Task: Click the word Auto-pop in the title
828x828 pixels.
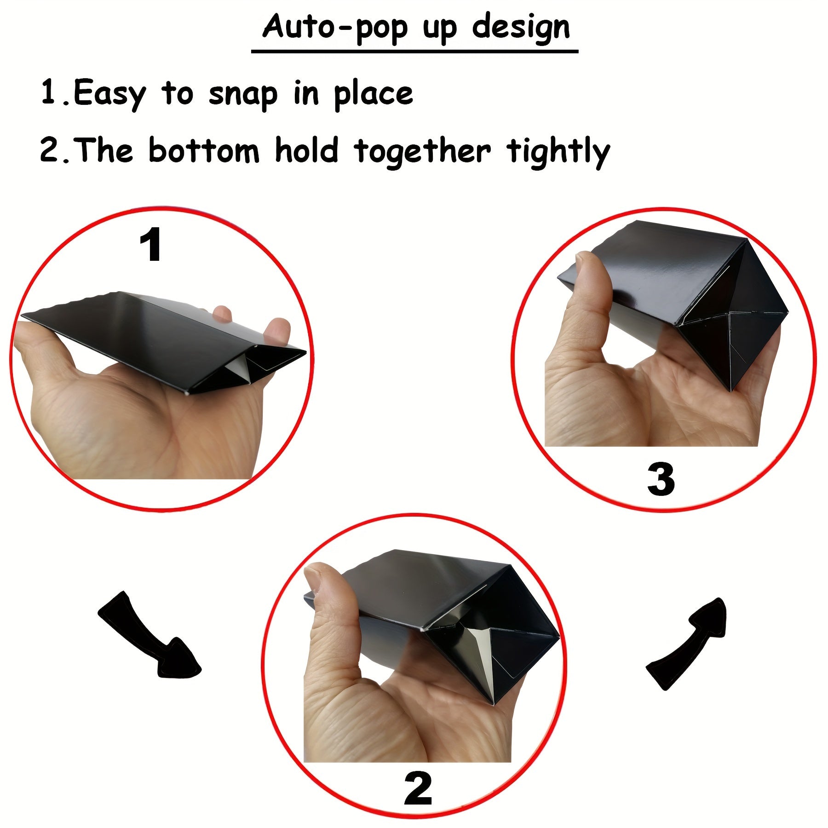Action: click(x=335, y=28)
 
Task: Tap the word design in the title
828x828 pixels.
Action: click(x=521, y=28)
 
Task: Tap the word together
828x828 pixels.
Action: click(x=423, y=152)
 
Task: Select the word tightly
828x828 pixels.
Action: click(x=558, y=152)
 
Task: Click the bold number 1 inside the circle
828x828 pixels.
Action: click(x=150, y=245)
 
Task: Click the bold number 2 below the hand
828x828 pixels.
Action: click(x=418, y=788)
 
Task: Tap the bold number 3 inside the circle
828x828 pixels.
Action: click(x=661, y=479)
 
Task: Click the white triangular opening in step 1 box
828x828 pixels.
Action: click(x=241, y=370)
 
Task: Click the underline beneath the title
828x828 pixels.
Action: click(x=414, y=51)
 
